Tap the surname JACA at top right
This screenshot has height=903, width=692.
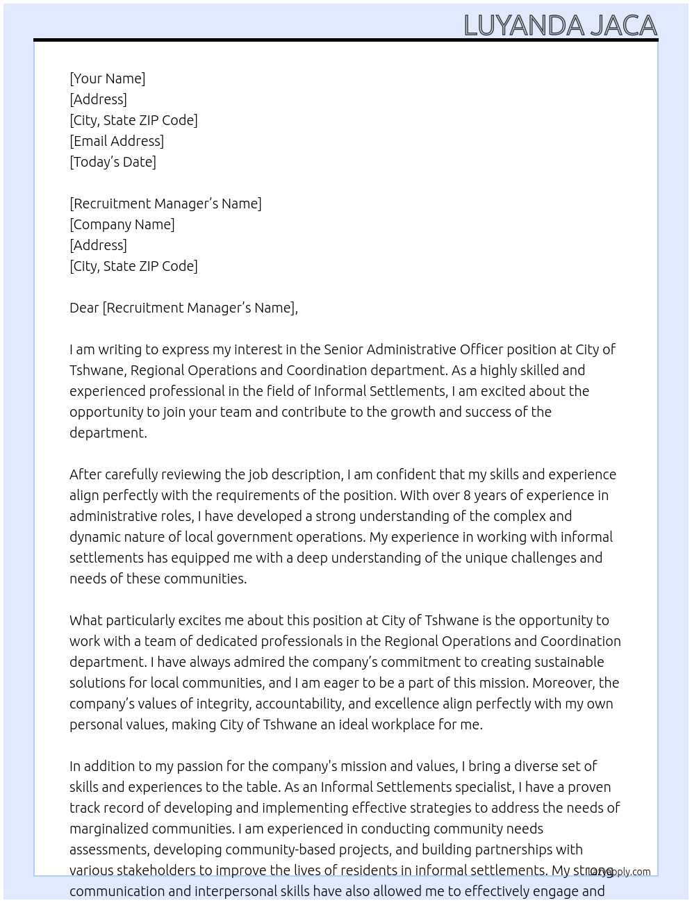coord(623,26)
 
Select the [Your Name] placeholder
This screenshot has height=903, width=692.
coord(107,78)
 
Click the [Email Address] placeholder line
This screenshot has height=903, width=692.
coord(117,141)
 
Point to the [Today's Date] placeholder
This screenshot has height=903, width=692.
coord(113,162)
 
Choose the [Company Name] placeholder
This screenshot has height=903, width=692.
coord(122,224)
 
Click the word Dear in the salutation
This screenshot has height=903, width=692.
coord(84,308)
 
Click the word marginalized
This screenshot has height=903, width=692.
coord(109,829)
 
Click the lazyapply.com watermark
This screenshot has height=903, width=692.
coord(620,872)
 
